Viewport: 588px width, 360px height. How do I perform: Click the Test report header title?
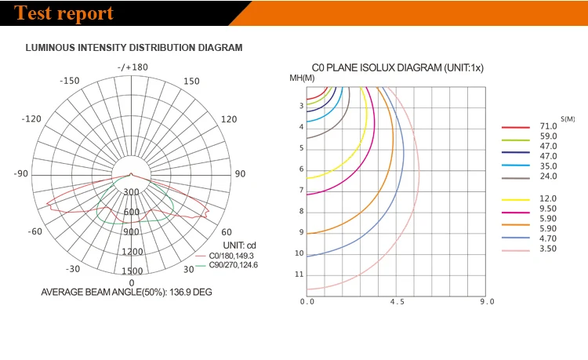click(64, 13)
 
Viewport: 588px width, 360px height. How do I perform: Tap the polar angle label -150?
click(70, 81)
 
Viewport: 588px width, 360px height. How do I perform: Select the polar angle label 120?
click(229, 119)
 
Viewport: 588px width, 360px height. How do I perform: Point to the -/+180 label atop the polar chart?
click(132, 67)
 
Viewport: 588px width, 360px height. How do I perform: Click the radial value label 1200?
click(132, 252)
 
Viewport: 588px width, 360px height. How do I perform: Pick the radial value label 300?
click(131, 192)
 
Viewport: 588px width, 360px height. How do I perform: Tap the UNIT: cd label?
click(240, 245)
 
